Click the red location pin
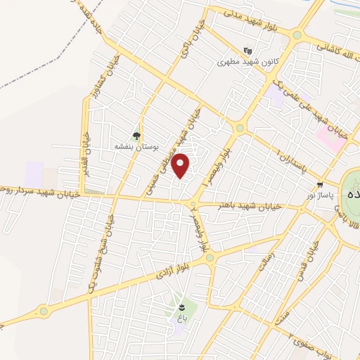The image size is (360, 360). pos(181,165)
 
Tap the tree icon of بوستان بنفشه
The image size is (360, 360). pos(137,136)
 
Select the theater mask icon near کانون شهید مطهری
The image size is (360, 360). pos(247,51)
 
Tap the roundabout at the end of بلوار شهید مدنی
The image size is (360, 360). pos(297,35)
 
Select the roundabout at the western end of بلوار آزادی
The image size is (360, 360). pos(46,310)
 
